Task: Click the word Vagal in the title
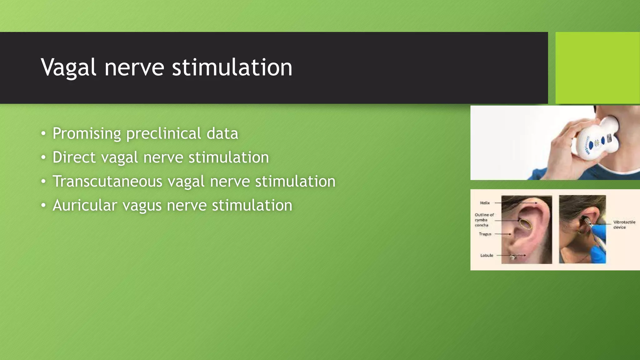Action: click(x=68, y=67)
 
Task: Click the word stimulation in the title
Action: click(x=232, y=67)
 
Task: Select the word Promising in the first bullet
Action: click(x=87, y=134)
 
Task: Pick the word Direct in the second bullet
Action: click(x=74, y=157)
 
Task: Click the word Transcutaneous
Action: click(x=107, y=181)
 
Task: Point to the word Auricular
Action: click(x=85, y=205)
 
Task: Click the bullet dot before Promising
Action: click(x=43, y=134)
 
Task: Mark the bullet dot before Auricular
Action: click(x=43, y=206)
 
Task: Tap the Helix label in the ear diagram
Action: click(x=485, y=203)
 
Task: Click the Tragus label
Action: click(x=485, y=234)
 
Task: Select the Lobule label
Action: click(x=487, y=255)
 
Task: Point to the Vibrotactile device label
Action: click(x=624, y=224)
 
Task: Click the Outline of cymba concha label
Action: click(x=484, y=220)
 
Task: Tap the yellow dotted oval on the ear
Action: click(x=526, y=224)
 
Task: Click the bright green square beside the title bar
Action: click(x=597, y=67)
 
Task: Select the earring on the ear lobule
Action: click(x=513, y=257)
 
